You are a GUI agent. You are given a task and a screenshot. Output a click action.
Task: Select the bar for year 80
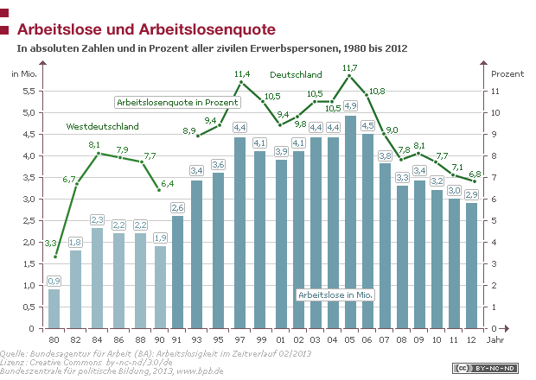54,308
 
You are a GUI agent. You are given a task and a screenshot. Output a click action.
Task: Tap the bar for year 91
178,272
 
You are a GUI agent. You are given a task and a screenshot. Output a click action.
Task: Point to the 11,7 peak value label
350,67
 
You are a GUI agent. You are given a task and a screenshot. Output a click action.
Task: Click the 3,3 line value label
51,244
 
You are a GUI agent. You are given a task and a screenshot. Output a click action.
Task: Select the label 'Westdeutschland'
102,127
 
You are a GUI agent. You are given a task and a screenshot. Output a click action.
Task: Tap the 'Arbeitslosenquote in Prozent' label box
177,102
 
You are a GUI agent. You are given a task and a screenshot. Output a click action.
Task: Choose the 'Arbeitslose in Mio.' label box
335,294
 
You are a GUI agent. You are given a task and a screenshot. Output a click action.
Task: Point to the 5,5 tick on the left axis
29,91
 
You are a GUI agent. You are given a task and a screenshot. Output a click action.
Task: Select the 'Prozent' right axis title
507,73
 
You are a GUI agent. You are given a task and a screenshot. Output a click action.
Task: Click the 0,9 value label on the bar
54,281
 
